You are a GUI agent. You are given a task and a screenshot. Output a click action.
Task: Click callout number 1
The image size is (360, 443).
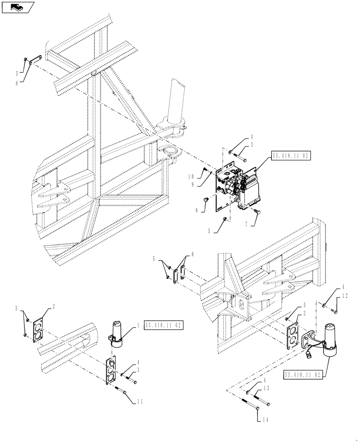pyautogui.click(x=138, y=325)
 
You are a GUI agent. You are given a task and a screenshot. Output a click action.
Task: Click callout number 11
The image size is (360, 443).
pyautogui.click(x=141, y=402)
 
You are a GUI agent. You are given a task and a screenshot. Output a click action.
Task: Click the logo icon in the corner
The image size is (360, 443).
pyautogui.click(x=18, y=7)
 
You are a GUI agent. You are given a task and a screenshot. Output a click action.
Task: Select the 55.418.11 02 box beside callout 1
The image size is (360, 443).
pyautogui.click(x=164, y=325)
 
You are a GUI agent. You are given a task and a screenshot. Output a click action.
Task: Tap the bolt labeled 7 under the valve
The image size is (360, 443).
pyautogui.click(x=258, y=213)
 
